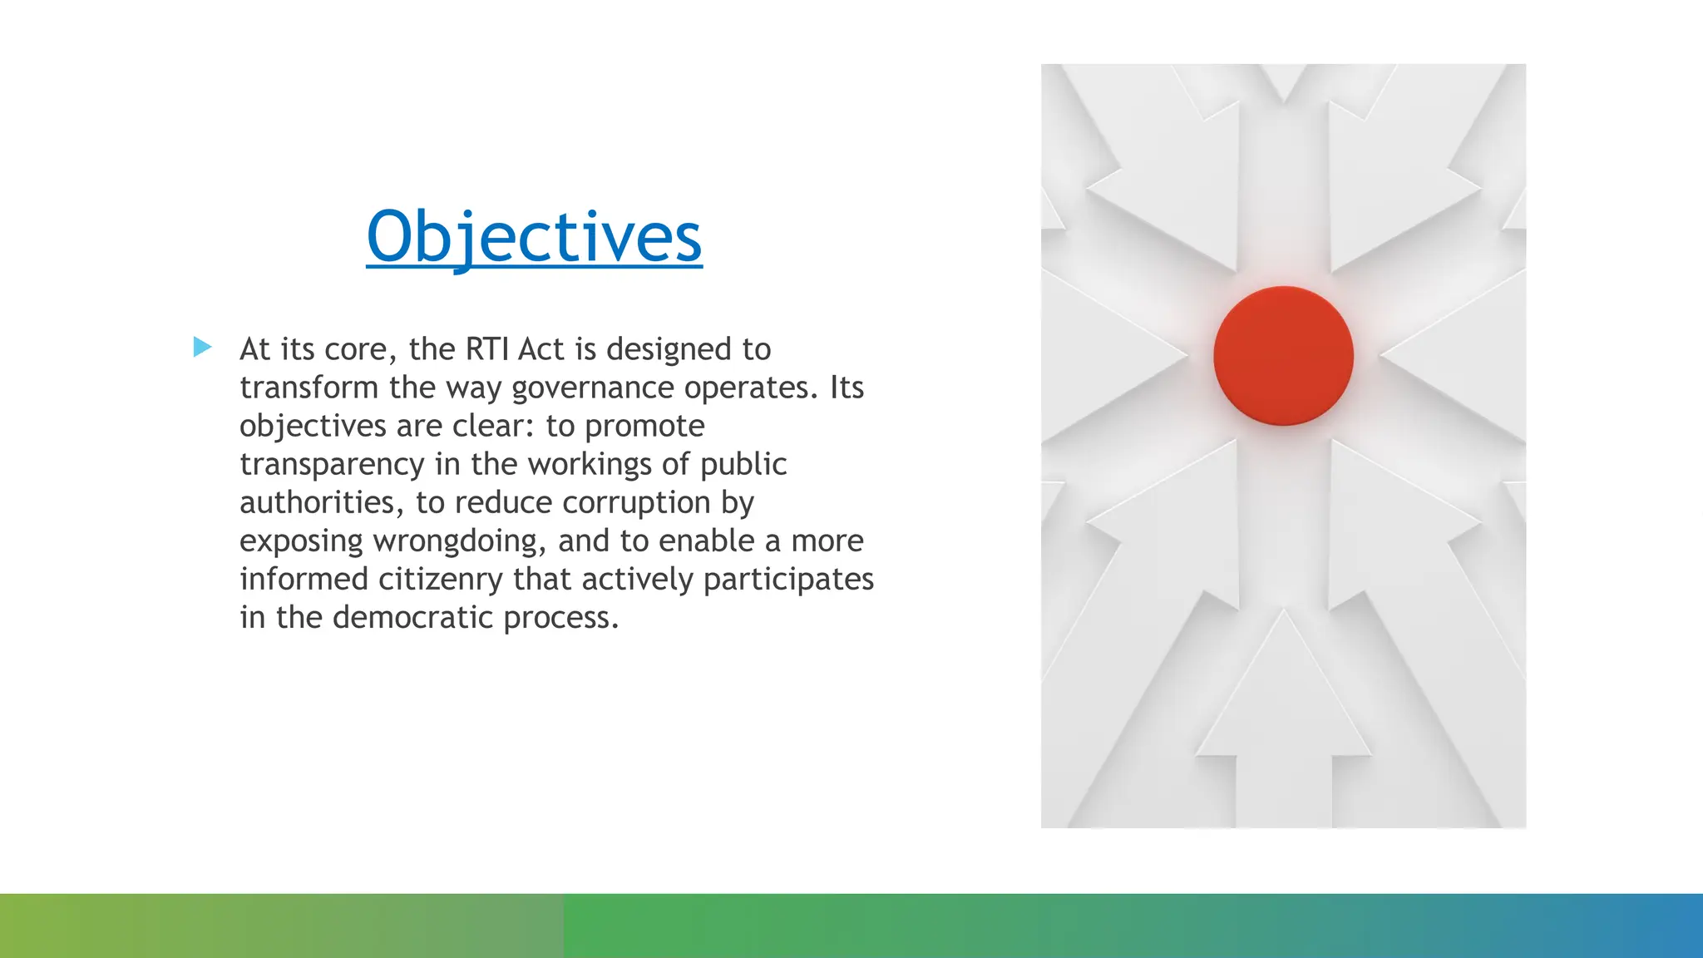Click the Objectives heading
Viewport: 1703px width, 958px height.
[534, 237]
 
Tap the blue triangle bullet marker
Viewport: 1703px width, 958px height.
[202, 347]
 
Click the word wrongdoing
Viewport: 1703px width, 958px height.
[460, 541]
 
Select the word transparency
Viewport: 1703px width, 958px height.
[332, 465]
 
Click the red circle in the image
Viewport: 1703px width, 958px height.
[1283, 356]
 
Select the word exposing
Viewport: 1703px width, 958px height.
[301, 541]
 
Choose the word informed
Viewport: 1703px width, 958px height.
[304, 579]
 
